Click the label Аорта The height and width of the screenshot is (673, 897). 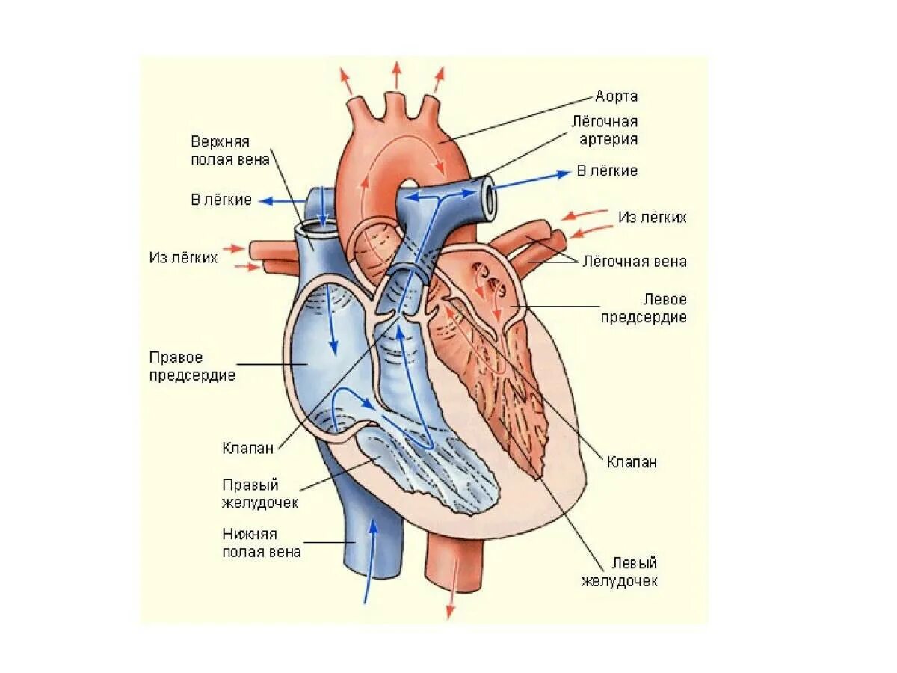coord(617,96)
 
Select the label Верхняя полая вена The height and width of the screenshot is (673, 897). coord(229,152)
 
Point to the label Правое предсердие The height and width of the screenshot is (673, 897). coord(191,366)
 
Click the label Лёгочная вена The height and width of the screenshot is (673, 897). coord(634,262)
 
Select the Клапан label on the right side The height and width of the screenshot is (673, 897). coord(632,462)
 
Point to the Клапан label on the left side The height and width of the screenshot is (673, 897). coord(247,449)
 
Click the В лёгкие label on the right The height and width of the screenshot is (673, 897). coord(607,171)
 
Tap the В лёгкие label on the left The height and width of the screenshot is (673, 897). coord(221,200)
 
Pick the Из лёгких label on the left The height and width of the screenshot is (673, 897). coord(183,257)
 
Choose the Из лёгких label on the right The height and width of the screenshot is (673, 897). coord(652,218)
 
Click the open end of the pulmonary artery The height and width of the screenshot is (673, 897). coord(489,198)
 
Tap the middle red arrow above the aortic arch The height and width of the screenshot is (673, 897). coord(395,74)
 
